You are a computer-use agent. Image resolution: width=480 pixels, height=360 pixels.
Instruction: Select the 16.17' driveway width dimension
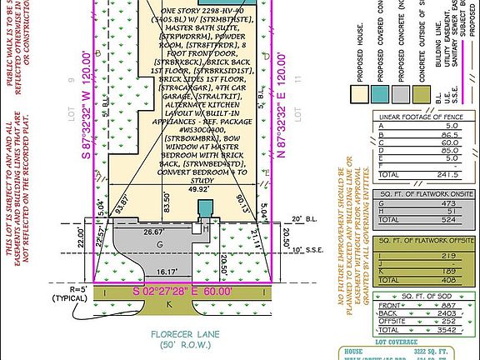coord(166,272)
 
